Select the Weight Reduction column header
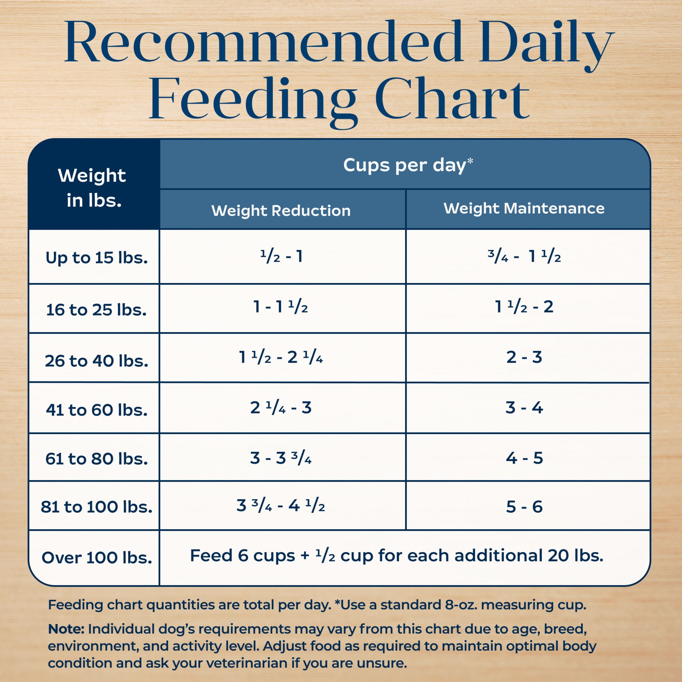[x=281, y=211]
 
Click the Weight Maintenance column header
[x=524, y=208]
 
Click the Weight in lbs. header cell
[x=92, y=188]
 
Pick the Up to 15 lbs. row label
[x=96, y=258]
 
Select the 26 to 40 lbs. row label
[x=96, y=361]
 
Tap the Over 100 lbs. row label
[x=97, y=558]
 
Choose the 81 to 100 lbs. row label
[x=96, y=507]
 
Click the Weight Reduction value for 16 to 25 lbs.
[x=281, y=306]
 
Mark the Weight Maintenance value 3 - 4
[x=524, y=408]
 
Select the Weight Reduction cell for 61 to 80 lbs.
[x=281, y=458]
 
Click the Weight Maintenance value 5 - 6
[x=524, y=507]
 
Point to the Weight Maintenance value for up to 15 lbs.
[x=524, y=256]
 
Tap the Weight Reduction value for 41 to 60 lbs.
[x=281, y=408]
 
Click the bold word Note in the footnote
[x=66, y=629]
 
